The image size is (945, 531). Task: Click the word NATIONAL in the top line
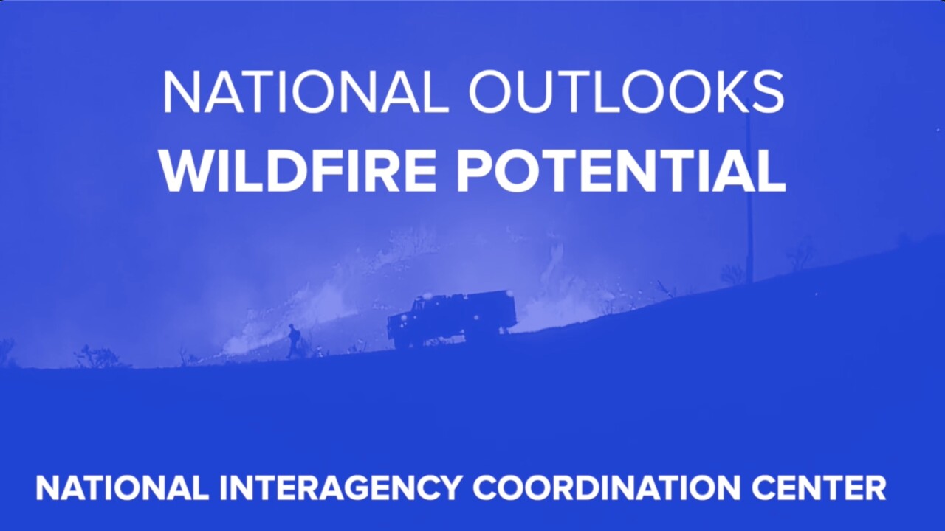(305, 92)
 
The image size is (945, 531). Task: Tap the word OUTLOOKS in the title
(626, 92)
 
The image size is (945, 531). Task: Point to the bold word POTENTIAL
(620, 171)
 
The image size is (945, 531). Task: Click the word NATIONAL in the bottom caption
(122, 488)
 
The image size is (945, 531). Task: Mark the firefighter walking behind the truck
(294, 341)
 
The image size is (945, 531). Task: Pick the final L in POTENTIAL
(771, 171)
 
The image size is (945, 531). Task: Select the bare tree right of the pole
(799, 254)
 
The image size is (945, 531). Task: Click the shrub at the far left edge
(6, 350)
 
